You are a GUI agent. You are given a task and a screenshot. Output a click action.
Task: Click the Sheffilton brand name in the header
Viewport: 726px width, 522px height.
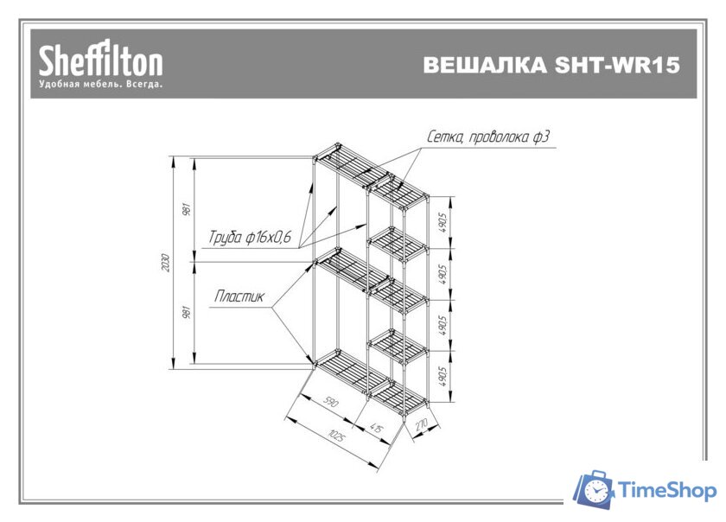click(x=99, y=61)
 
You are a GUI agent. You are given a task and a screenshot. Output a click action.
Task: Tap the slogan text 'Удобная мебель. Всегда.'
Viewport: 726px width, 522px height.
click(x=100, y=85)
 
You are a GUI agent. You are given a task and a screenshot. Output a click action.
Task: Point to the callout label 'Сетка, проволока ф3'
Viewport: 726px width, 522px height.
click(x=488, y=137)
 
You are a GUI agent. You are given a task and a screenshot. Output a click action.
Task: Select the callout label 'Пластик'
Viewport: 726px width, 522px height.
click(x=239, y=296)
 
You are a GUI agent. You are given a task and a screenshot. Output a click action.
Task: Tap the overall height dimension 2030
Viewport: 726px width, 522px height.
click(x=167, y=262)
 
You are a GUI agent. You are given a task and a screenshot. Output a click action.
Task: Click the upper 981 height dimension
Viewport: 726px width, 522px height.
click(x=188, y=208)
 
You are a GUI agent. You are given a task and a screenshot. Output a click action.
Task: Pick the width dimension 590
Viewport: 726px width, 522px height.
click(x=329, y=403)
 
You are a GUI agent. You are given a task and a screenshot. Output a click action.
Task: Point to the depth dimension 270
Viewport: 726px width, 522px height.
click(x=422, y=424)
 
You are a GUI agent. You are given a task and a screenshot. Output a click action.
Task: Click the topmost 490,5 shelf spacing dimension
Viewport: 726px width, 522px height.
click(x=442, y=224)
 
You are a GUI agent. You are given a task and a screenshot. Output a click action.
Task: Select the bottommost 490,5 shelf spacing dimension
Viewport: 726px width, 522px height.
click(x=442, y=377)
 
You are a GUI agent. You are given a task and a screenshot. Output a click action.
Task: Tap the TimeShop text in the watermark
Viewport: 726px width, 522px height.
click(x=668, y=491)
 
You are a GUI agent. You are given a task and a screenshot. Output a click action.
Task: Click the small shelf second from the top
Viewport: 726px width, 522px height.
click(x=399, y=243)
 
